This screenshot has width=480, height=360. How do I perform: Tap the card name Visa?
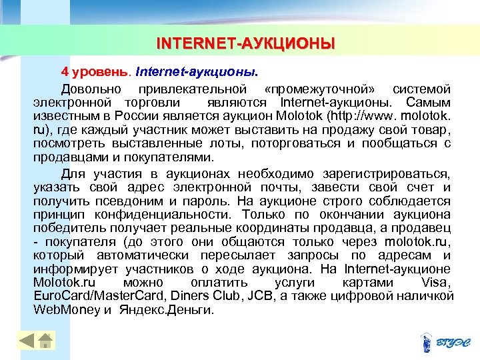(436, 283)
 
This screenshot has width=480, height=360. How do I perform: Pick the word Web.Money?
(66, 310)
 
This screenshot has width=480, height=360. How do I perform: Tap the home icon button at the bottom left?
(45, 341)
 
